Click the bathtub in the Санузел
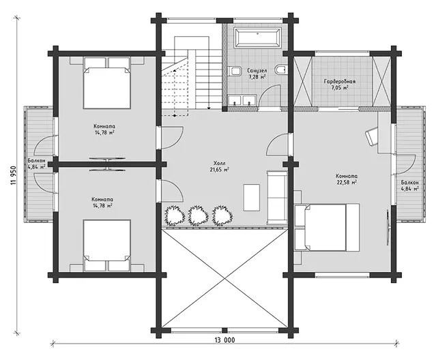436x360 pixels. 257,37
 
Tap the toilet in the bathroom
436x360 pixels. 281,70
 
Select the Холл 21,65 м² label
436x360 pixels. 220,166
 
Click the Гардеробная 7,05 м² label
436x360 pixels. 340,85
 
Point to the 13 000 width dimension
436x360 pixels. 224,340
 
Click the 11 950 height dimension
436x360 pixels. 14,175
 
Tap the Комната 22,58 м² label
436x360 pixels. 347,179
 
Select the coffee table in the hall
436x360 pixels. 252,198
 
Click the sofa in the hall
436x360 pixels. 277,198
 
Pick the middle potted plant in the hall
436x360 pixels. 199,215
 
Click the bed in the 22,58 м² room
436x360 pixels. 327,227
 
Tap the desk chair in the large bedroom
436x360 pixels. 372,135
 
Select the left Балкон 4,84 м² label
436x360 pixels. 36,164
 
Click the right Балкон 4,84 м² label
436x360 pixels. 409,185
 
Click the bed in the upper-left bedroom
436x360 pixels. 106,82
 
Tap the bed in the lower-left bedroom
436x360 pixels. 106,245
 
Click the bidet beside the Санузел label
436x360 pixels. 235,71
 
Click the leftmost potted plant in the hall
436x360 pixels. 175,215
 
